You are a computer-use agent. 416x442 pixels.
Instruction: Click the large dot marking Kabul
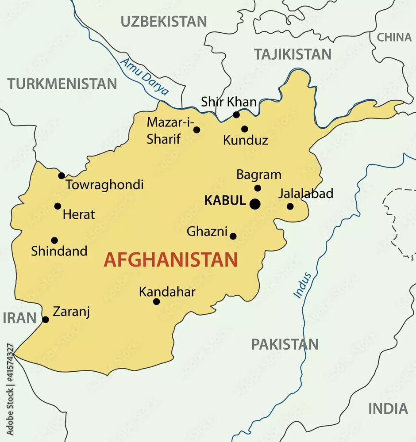click(x=255, y=204)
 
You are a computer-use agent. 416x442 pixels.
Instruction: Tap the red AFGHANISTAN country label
click(x=171, y=260)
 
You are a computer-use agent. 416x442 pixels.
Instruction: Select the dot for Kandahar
click(x=156, y=301)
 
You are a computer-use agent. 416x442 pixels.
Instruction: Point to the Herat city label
click(x=79, y=215)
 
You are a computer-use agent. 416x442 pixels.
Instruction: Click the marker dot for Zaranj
click(x=45, y=320)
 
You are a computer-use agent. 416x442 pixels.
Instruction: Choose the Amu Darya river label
click(x=144, y=76)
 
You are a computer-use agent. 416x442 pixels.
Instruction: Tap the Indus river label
click(x=303, y=285)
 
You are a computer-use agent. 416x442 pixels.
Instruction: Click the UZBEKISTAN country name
click(x=164, y=21)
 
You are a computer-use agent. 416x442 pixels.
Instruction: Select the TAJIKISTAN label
click(x=293, y=54)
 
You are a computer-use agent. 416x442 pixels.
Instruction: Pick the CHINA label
click(x=394, y=38)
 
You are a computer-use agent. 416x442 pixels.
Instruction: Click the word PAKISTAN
click(x=285, y=344)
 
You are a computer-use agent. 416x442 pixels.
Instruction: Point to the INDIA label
click(x=388, y=408)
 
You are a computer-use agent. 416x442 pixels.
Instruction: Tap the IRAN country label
click(x=19, y=317)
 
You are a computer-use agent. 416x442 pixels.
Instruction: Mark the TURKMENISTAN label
click(x=62, y=84)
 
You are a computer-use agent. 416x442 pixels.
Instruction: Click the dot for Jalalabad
click(x=290, y=206)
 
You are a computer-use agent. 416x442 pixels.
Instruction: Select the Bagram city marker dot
click(x=258, y=188)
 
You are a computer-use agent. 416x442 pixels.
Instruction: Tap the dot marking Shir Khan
click(x=236, y=115)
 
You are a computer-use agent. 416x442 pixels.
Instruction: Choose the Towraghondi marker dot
click(x=62, y=176)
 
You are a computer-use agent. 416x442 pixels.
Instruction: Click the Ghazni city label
click(x=207, y=231)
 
